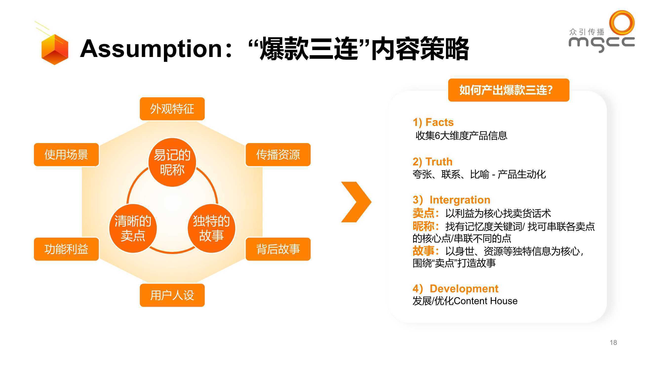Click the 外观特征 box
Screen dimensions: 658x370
point(172,109)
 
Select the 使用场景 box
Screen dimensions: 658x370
point(66,155)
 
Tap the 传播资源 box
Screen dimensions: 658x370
point(278,155)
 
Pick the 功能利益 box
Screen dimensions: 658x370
point(66,249)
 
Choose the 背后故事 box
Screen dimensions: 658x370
point(278,249)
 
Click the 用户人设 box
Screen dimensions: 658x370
point(172,295)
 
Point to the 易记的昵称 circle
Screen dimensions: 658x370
point(172,162)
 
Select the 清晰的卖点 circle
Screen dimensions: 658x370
point(133,228)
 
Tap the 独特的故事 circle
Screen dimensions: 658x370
point(212,228)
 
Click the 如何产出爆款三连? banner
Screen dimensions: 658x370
point(509,90)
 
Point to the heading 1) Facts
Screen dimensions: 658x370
point(433,122)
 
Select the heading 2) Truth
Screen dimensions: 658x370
point(432,162)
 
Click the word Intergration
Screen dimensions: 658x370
point(460,200)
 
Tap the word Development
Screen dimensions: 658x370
point(464,289)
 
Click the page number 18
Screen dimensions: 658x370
point(613,342)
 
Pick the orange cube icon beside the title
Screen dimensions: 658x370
point(55,49)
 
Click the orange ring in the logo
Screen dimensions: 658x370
point(622,22)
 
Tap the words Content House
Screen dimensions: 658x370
point(486,301)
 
